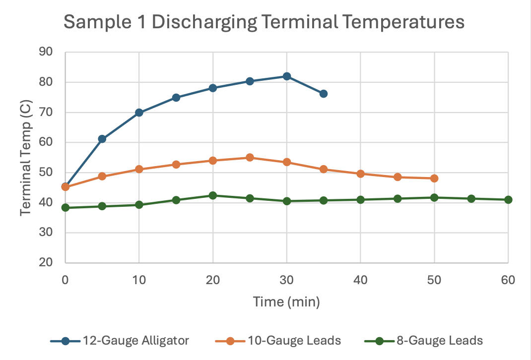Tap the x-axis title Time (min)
(286, 301)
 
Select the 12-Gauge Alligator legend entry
(120, 341)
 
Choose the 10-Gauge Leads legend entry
(278, 341)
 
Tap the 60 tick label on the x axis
(508, 280)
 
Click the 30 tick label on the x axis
(286, 280)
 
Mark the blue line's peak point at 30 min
(287, 76)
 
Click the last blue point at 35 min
(324, 94)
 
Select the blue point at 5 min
(102, 139)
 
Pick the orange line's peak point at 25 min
(250, 158)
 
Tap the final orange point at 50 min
(434, 179)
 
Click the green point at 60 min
(508, 200)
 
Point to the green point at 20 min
(213, 195)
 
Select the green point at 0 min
(66, 208)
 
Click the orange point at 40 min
(360, 174)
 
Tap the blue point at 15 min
(176, 98)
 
